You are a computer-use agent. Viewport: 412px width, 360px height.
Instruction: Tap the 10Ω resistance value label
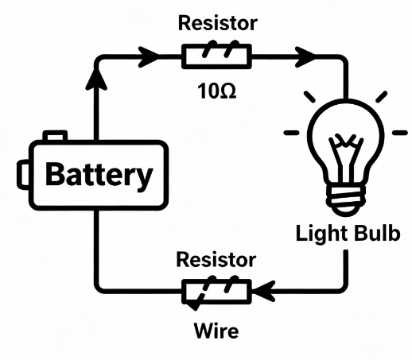[216, 91]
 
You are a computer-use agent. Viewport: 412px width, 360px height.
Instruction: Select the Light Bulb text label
[348, 234]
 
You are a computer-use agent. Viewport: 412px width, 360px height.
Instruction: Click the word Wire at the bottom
[216, 331]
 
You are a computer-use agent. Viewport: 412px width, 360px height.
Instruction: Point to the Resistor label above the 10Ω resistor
[218, 23]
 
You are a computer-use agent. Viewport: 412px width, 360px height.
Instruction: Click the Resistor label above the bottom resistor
[216, 260]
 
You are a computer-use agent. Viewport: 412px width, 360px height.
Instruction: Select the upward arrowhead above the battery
[96, 78]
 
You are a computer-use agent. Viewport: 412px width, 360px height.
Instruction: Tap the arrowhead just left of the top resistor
[149, 56]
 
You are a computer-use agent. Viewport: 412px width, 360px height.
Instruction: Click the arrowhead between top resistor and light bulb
[305, 56]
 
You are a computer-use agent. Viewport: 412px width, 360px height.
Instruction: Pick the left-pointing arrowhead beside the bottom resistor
[264, 291]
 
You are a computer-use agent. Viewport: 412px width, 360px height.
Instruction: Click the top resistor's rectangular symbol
[216, 56]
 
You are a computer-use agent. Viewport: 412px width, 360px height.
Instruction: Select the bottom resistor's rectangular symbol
[216, 291]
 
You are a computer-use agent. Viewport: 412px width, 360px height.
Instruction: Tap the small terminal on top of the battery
[55, 136]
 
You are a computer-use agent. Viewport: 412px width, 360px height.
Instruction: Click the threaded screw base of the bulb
[346, 200]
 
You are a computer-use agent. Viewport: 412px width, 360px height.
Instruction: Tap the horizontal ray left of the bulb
[292, 133]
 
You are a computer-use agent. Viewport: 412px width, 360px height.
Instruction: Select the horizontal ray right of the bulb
[400, 133]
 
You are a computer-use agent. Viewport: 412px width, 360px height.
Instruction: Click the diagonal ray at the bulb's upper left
[309, 97]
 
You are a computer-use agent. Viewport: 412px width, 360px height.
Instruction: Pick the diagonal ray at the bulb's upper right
[382, 97]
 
